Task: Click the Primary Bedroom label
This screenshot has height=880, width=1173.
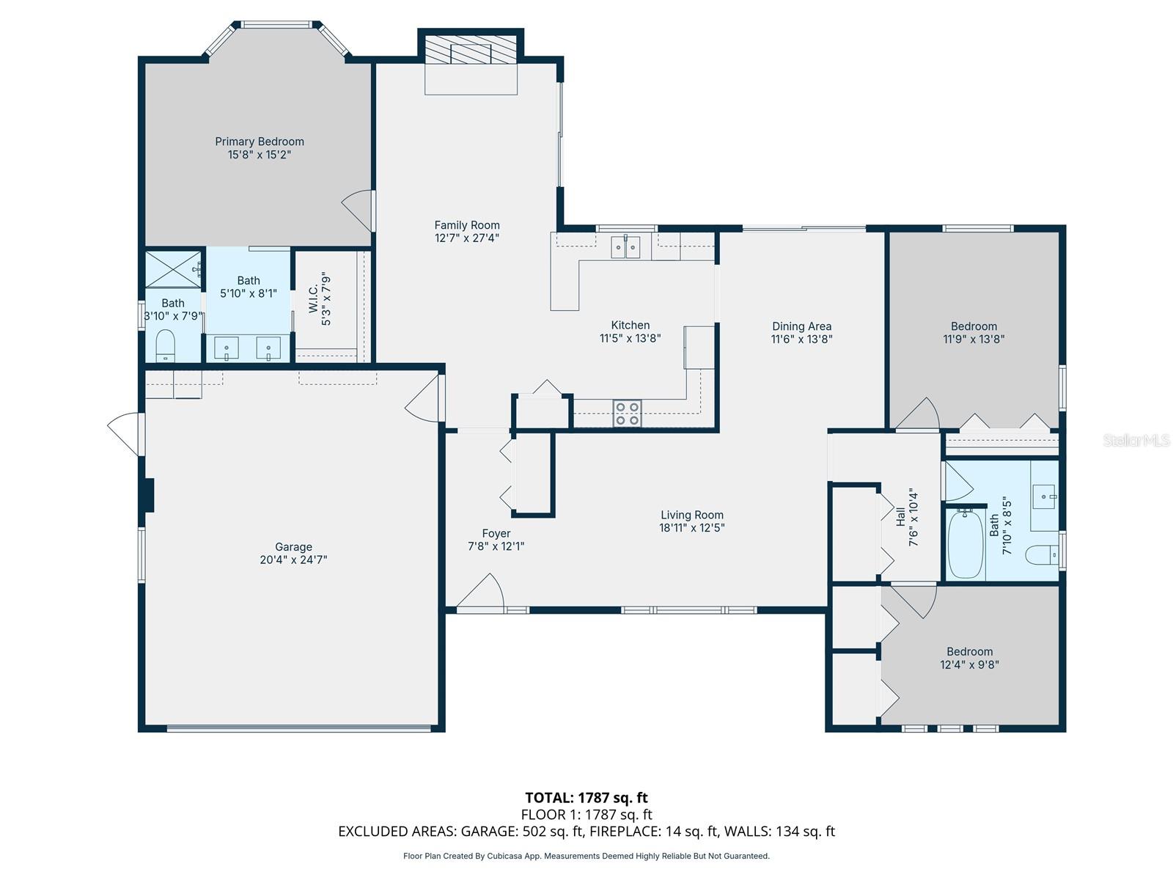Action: click(x=259, y=142)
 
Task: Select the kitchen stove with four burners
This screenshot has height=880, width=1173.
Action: click(x=627, y=413)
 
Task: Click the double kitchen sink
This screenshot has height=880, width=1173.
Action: click(x=626, y=247)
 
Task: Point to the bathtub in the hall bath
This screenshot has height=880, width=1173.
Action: click(x=966, y=543)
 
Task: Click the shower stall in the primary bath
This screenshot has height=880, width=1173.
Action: click(x=173, y=269)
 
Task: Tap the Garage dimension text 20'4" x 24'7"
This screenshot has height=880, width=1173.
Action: click(x=293, y=560)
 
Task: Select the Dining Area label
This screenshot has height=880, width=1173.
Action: click(x=801, y=326)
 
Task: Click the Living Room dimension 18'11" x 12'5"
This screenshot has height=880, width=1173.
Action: click(x=692, y=527)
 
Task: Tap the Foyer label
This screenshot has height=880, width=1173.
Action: click(x=496, y=533)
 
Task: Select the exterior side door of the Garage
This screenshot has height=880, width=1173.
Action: click(x=125, y=434)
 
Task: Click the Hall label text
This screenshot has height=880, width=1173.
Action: click(x=900, y=516)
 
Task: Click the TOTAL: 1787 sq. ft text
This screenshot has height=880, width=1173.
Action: click(x=586, y=798)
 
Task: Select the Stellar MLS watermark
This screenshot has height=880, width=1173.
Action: click(x=1136, y=441)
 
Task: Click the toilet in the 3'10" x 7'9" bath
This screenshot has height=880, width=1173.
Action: click(x=166, y=345)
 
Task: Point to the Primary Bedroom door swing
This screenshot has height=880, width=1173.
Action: click(x=358, y=211)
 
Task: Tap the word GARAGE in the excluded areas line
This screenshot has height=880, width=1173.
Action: click(x=488, y=832)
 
